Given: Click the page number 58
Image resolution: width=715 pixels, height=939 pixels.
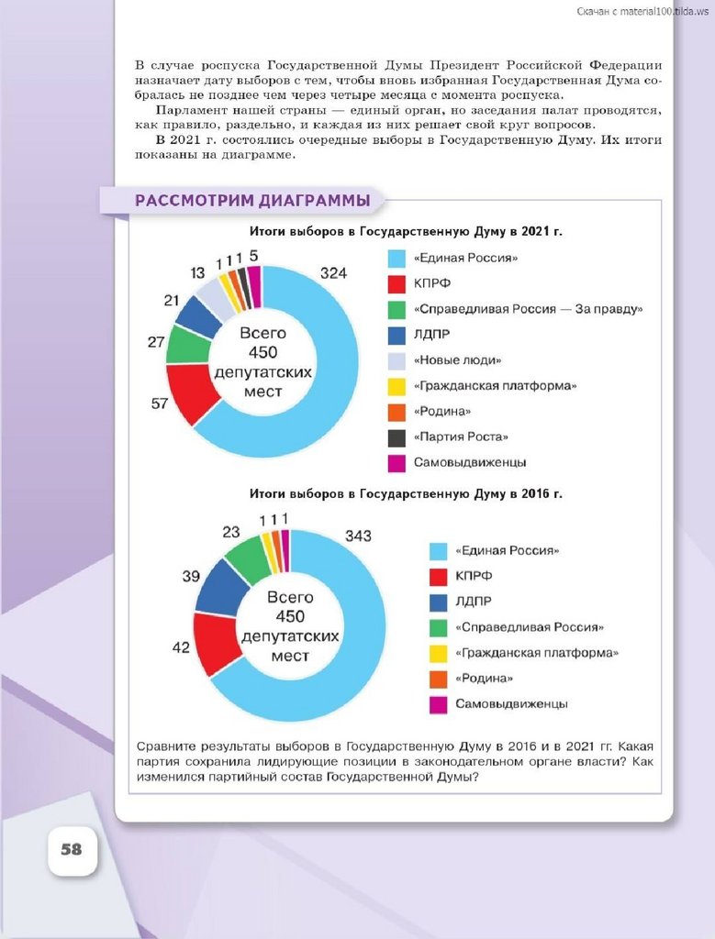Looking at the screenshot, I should (x=72, y=849).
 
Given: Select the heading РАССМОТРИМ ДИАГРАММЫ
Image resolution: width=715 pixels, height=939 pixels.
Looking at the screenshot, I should (x=252, y=201).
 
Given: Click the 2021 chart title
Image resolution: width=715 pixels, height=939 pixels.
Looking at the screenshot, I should (x=407, y=232).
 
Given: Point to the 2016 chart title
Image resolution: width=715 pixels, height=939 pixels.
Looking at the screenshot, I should (x=407, y=494).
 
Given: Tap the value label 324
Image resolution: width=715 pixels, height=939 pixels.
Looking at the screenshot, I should (x=333, y=272).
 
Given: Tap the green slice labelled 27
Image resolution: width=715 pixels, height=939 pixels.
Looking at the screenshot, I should (x=187, y=346).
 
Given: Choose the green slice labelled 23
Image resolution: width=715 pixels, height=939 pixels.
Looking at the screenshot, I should (x=248, y=557).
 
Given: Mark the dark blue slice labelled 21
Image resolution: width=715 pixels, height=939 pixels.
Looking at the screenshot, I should (x=200, y=315).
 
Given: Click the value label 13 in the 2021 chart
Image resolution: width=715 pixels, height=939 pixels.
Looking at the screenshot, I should (x=197, y=273).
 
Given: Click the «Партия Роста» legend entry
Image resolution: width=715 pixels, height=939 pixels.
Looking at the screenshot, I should (x=460, y=437).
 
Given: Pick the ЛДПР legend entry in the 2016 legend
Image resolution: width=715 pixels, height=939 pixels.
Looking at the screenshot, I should (x=472, y=602).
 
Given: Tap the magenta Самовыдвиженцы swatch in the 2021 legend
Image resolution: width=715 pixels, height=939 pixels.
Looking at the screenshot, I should (x=397, y=463).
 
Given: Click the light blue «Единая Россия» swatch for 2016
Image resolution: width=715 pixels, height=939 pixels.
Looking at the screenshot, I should (x=439, y=551).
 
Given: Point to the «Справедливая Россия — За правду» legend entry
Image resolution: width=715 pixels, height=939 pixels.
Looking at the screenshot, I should (x=527, y=309).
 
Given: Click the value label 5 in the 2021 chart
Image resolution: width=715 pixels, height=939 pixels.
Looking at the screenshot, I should (x=253, y=255).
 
